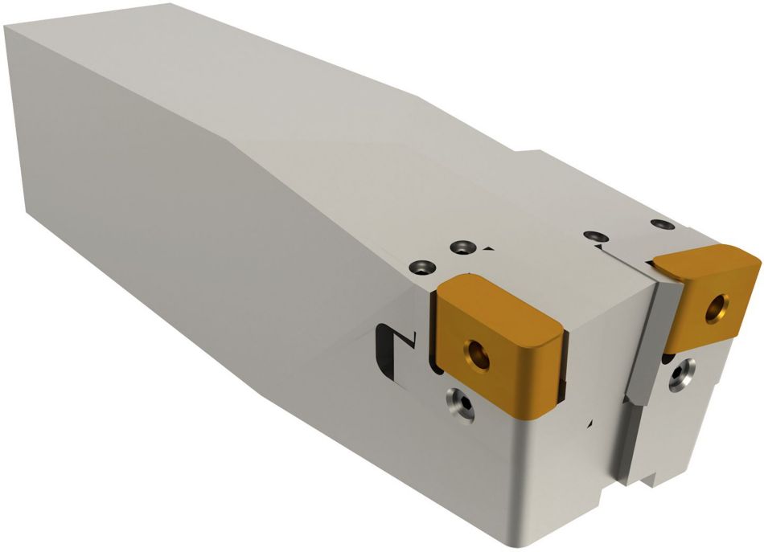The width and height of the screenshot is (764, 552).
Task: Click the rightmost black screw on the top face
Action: point(659,223)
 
